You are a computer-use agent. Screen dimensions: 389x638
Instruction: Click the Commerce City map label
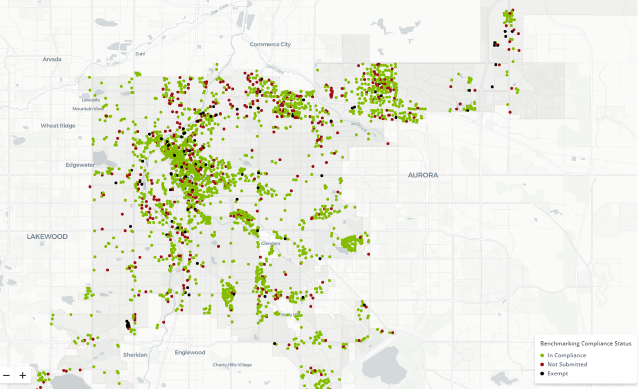tap(270, 45)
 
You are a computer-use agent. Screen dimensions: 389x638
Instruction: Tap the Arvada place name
tap(52, 59)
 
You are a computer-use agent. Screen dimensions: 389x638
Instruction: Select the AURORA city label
tap(423, 175)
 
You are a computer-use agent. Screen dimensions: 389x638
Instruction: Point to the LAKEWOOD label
tap(47, 237)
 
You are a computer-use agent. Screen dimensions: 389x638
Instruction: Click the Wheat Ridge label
tap(58, 126)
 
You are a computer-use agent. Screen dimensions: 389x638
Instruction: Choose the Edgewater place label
tap(80, 165)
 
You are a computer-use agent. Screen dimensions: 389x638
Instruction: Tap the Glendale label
tap(270, 243)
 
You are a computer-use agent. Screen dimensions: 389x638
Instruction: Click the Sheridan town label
tap(135, 355)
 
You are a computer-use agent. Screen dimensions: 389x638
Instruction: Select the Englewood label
tap(190, 352)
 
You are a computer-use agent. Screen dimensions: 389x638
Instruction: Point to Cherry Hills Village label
tap(232, 365)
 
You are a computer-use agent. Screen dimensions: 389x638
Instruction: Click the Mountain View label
tap(88, 109)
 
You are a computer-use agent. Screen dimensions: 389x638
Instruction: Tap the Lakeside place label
tap(90, 100)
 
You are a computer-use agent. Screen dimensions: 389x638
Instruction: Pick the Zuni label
tap(140, 54)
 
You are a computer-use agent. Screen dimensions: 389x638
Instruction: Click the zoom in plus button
tap(23, 375)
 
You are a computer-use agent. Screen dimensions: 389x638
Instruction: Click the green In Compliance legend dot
tap(542, 356)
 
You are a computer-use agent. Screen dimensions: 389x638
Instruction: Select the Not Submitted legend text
tap(567, 365)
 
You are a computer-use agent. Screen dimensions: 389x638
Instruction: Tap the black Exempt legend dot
tap(542, 374)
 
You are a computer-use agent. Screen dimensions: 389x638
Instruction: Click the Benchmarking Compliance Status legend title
tap(585, 344)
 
